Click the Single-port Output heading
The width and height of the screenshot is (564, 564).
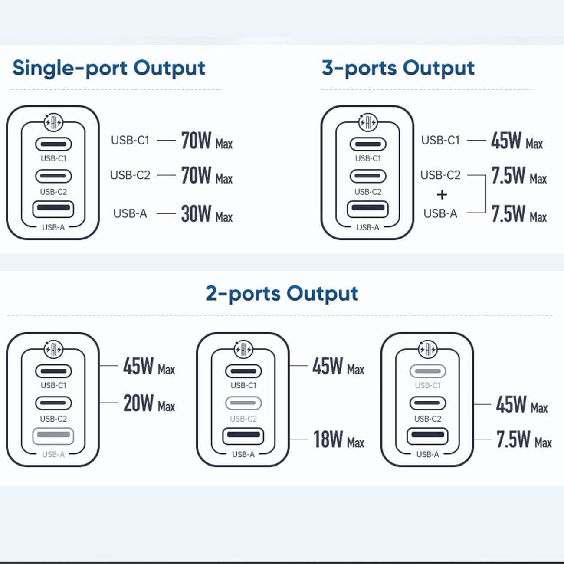(109, 69)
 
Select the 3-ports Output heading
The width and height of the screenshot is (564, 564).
(398, 69)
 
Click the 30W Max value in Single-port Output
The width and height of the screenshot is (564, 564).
(207, 213)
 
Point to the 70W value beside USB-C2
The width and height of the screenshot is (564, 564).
(196, 175)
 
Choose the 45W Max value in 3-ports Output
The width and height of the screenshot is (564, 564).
(517, 141)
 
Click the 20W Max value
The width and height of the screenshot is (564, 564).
(149, 403)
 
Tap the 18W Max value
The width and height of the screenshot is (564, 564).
(339, 439)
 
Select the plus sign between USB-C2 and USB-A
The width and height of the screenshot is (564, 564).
(442, 195)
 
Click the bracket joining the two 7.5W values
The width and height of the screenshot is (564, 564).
(485, 194)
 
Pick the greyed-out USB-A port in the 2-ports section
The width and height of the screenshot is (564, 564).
(53, 436)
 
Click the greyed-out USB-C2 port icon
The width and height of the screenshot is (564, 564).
(243, 403)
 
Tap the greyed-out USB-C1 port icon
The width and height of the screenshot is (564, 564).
(428, 371)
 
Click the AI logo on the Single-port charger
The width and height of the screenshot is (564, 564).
(53, 122)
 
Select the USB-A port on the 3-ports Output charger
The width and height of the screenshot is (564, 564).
(367, 209)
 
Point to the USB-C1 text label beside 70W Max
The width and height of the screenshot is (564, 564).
(130, 141)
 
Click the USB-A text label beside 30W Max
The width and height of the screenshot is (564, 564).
(130, 213)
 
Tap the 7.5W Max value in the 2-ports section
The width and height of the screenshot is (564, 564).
(524, 439)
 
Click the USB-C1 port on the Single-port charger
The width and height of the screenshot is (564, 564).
(53, 144)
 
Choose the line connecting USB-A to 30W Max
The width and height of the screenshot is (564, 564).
(166, 213)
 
